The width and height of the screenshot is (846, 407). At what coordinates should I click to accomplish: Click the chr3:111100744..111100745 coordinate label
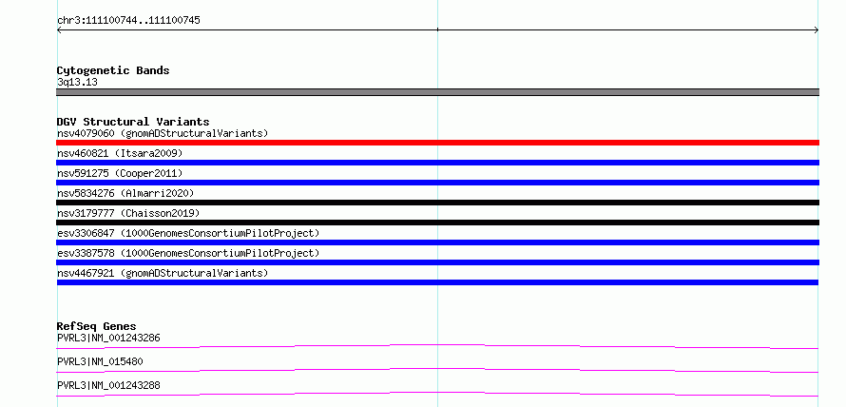coord(128,21)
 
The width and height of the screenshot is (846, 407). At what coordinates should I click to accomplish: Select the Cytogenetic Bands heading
coord(113,70)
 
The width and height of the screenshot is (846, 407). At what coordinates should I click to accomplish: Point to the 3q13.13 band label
coord(77,83)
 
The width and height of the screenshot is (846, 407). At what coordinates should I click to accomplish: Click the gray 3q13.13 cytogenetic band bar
coord(437,92)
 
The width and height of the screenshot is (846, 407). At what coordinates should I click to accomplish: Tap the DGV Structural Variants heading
coord(133,122)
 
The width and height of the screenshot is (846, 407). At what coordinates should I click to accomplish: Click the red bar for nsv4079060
coord(437,143)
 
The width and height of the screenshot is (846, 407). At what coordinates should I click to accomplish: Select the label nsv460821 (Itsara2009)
coord(120,154)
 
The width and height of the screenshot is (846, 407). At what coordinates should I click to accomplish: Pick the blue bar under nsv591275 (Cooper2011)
coord(437,183)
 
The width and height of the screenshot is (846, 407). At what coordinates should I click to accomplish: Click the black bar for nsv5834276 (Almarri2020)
coord(437,203)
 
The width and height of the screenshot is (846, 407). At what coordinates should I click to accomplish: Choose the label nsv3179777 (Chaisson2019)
coord(128,214)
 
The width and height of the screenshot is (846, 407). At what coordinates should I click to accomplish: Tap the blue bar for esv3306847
coord(437,242)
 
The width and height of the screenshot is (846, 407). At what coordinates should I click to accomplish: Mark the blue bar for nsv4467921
coord(437,282)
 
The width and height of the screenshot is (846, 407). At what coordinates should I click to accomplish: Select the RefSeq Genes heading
coord(96,326)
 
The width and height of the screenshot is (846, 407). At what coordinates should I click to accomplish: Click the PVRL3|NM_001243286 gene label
coord(108,339)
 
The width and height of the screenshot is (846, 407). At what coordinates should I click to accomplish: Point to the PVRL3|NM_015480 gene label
coord(100,361)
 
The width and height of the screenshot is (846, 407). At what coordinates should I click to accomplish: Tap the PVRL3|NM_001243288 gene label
coord(108,385)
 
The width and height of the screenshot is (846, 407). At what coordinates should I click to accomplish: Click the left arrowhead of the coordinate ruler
coord(58,30)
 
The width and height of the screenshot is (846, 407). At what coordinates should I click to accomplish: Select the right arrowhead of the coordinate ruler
coord(817,30)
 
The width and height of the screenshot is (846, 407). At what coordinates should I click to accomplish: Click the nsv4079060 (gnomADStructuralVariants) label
coord(163,133)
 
